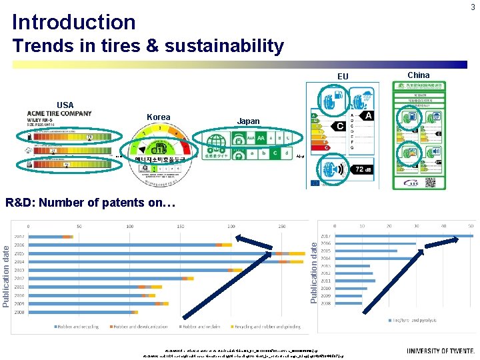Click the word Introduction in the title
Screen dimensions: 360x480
point(73,22)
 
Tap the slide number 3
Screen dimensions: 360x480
point(472,7)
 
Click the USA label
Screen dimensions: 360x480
point(65,105)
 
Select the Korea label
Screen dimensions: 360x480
point(158,117)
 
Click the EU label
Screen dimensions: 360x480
point(343,77)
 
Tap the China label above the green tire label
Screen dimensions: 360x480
point(419,75)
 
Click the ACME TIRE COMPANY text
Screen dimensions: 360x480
point(59,113)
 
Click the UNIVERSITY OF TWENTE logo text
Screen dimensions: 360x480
point(441,351)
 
